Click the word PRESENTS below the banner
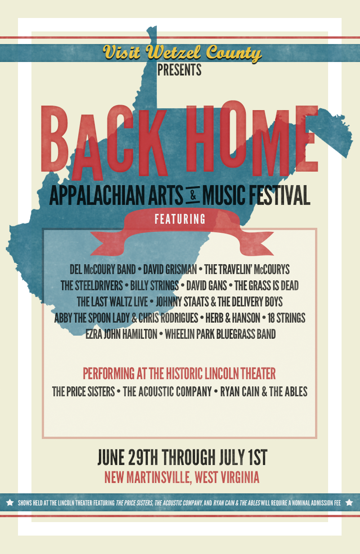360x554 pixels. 179,70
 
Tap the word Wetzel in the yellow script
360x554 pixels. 173,52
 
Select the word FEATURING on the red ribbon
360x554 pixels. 180,219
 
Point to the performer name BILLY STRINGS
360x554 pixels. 155,286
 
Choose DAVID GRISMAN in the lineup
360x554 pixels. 170,269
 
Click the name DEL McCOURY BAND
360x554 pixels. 102,269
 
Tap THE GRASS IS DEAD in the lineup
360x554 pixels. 267,286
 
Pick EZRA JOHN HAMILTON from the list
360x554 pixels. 121,334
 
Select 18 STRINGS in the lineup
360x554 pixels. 286,318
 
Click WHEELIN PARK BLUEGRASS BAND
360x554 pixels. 220,334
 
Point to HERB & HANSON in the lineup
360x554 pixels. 233,318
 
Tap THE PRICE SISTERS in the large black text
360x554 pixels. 84,391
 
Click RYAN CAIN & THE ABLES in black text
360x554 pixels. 264,391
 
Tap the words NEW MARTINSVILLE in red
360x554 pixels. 148,477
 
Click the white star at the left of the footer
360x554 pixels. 10,503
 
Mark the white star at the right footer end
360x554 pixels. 349,503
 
